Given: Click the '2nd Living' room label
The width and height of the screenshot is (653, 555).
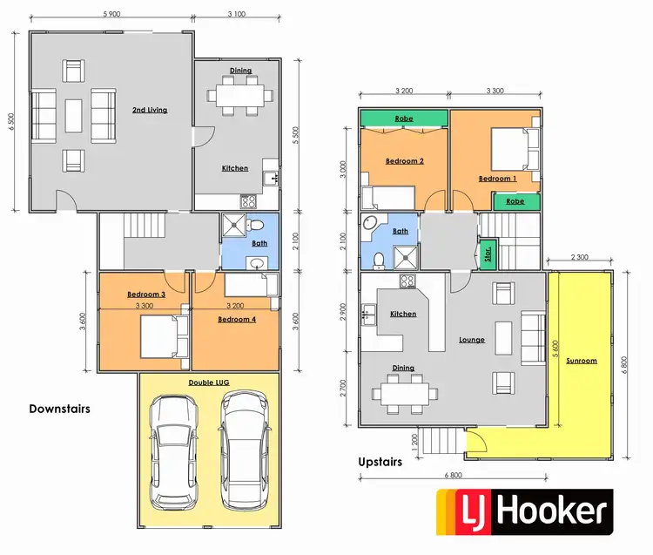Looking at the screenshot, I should coord(150,110).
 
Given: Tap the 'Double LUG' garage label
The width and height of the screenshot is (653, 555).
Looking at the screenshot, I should coord(208,382).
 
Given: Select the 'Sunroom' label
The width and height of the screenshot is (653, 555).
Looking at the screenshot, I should coord(581,360).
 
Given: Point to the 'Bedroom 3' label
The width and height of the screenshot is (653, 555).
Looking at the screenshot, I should coord(146,294).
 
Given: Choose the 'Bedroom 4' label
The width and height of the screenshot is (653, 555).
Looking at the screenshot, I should coord(236,320).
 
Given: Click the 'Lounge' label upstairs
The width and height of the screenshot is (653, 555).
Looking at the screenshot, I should coord(472,340).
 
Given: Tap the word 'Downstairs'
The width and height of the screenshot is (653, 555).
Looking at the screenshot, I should coord(59,408).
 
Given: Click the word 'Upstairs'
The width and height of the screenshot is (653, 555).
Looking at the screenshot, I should coord(380,462).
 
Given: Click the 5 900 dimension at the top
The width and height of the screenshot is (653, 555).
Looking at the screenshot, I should coord(111,15).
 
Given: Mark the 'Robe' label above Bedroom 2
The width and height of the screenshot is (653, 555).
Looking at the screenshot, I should coord(404,118).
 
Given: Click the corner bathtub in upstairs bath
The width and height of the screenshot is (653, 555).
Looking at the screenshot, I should coord(374,226).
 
